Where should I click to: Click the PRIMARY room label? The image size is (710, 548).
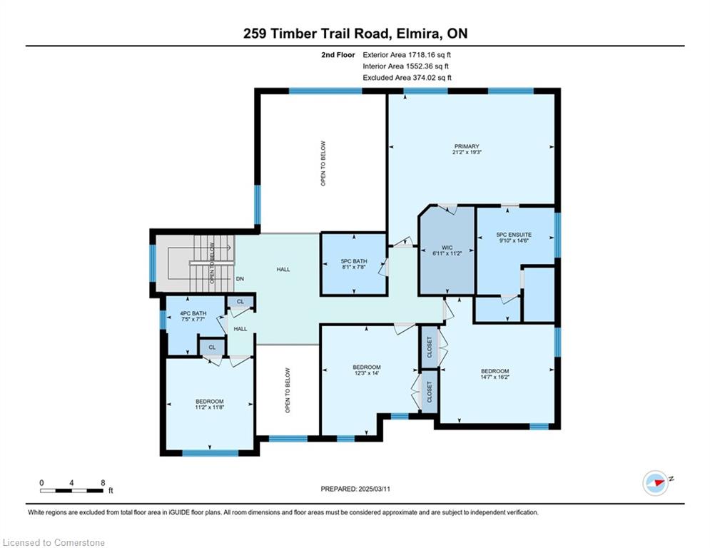(467, 146)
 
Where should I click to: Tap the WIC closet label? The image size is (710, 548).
(447, 248)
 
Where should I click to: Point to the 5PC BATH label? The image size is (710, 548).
(354, 261)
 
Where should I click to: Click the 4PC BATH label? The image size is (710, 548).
(193, 313)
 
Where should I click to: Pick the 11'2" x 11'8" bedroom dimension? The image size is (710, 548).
(210, 407)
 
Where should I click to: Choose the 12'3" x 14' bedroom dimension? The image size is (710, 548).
(366, 373)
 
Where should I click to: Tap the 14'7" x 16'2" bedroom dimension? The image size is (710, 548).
(495, 377)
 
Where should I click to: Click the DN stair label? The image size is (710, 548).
(240, 278)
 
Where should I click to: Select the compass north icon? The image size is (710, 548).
(656, 483)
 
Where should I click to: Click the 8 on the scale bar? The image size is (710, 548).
(103, 482)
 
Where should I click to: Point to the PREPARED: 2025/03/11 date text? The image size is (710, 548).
(355, 489)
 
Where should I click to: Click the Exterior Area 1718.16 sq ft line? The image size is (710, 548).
(407, 55)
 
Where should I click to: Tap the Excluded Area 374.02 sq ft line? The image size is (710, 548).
(407, 78)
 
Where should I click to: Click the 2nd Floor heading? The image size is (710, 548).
(338, 55)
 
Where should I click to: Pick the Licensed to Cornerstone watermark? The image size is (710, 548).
(54, 542)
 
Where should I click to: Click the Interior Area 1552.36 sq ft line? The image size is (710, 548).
(406, 66)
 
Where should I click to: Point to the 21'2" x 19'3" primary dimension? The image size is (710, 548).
(467, 152)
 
